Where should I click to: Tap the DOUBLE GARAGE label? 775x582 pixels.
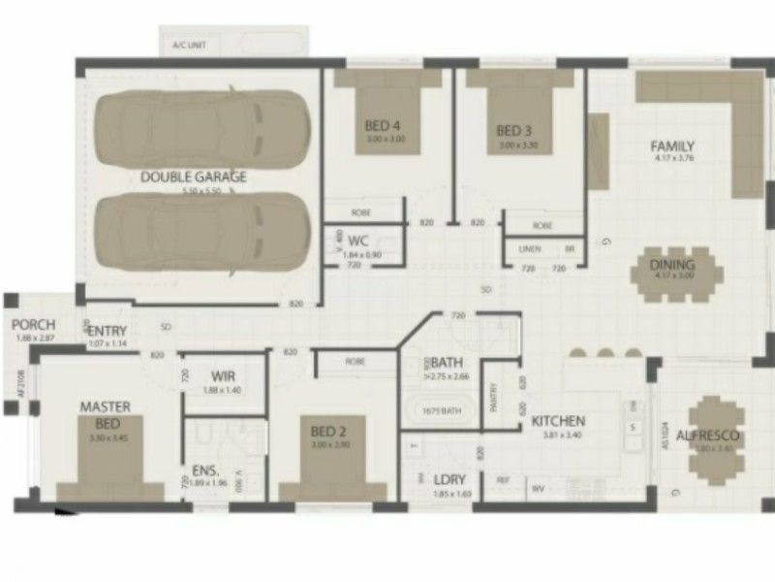[x=194, y=177]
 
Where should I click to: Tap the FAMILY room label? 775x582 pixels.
[x=672, y=147]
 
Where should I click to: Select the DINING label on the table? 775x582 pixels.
[x=672, y=265]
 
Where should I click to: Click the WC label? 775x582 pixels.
[x=358, y=241]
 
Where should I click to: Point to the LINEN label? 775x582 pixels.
[x=530, y=249]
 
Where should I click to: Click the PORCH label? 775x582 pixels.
[x=34, y=325]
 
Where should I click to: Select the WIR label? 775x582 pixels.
[x=223, y=376]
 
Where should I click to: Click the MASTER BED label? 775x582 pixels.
[x=105, y=415]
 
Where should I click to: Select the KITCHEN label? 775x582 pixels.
[x=558, y=421]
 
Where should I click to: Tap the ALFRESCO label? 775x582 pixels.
[x=708, y=436]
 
